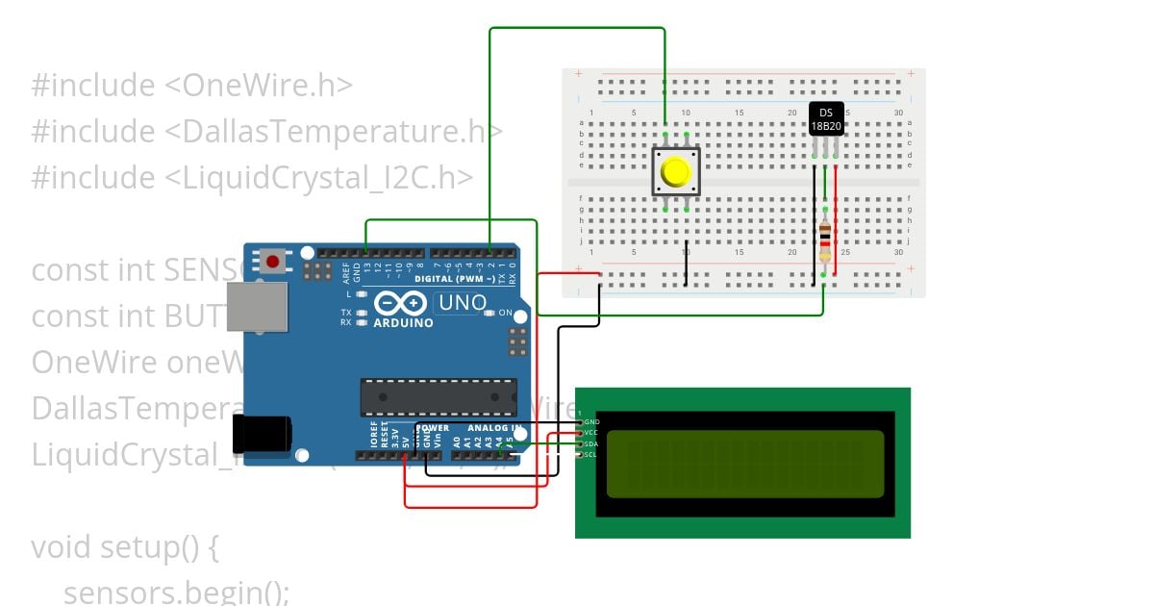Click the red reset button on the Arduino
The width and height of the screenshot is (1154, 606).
click(274, 261)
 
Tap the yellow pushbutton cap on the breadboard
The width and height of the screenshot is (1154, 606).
click(676, 172)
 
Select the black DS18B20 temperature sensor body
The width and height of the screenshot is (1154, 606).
click(826, 119)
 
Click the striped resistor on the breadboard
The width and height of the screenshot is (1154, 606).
click(824, 243)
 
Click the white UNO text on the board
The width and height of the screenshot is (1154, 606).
click(461, 303)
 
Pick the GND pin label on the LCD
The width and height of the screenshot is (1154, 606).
click(591, 422)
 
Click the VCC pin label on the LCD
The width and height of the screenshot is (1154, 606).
click(591, 433)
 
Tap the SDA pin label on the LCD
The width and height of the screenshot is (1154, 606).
click(591, 443)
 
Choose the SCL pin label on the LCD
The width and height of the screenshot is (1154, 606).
click(591, 454)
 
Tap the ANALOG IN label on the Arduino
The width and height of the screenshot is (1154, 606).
click(494, 427)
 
